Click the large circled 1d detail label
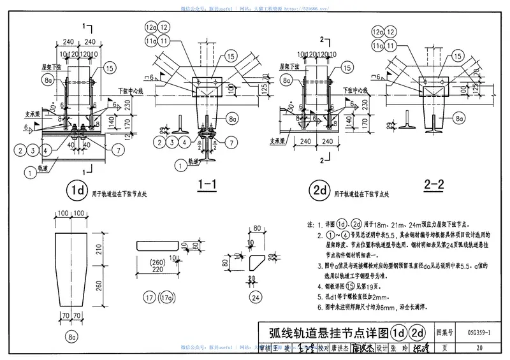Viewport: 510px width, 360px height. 77,189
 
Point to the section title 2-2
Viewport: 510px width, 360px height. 434,185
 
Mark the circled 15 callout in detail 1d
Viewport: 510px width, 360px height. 109,68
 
